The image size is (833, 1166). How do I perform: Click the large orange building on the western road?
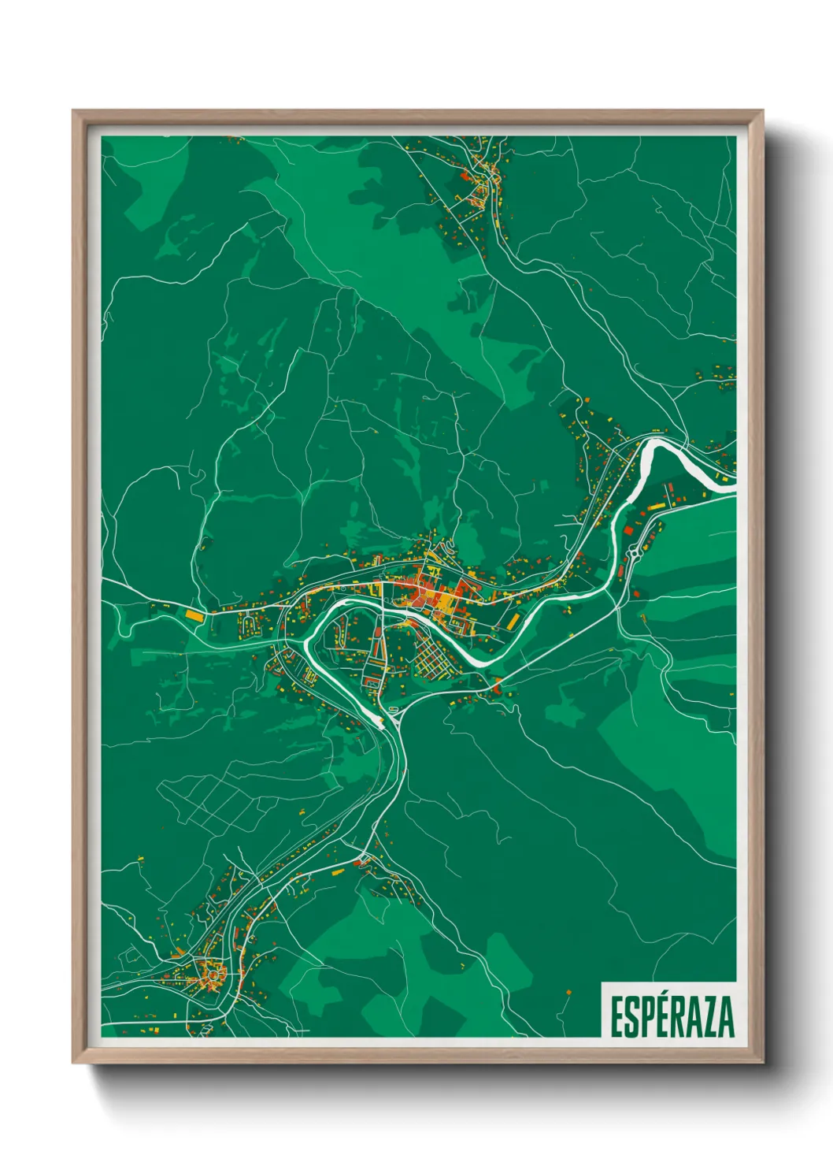coord(194,615)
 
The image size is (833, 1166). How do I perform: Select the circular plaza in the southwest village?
coord(212,975)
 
